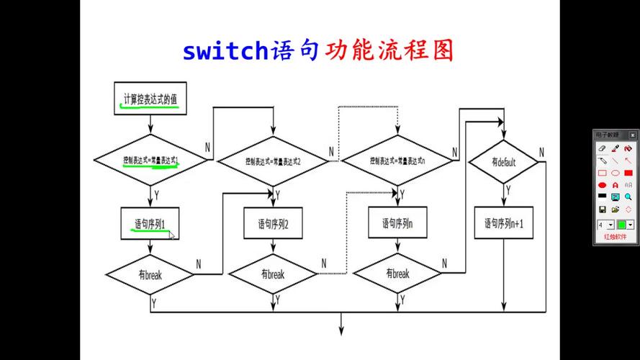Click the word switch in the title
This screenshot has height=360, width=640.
[x=225, y=51]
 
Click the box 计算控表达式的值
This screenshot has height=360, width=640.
[x=150, y=99]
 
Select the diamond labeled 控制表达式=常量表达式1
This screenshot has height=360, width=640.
[x=150, y=161]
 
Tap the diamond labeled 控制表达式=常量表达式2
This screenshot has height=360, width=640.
[x=273, y=161]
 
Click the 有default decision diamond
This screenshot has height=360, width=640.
[x=503, y=162]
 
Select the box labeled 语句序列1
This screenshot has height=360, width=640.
[x=150, y=224]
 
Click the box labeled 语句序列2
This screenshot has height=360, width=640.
[x=274, y=224]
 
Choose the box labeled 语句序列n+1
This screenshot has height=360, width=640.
[x=503, y=223]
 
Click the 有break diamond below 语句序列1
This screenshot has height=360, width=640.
[x=150, y=274]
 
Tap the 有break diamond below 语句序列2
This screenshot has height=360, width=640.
[x=273, y=274]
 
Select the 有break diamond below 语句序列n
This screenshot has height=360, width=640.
[x=397, y=274]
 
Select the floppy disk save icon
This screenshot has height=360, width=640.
[x=602, y=210]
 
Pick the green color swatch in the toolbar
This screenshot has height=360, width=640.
[x=622, y=225]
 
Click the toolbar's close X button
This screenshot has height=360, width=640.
[x=632, y=135]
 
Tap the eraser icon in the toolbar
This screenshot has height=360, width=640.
[x=602, y=148]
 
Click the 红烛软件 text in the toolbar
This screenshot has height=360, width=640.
[x=616, y=237]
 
